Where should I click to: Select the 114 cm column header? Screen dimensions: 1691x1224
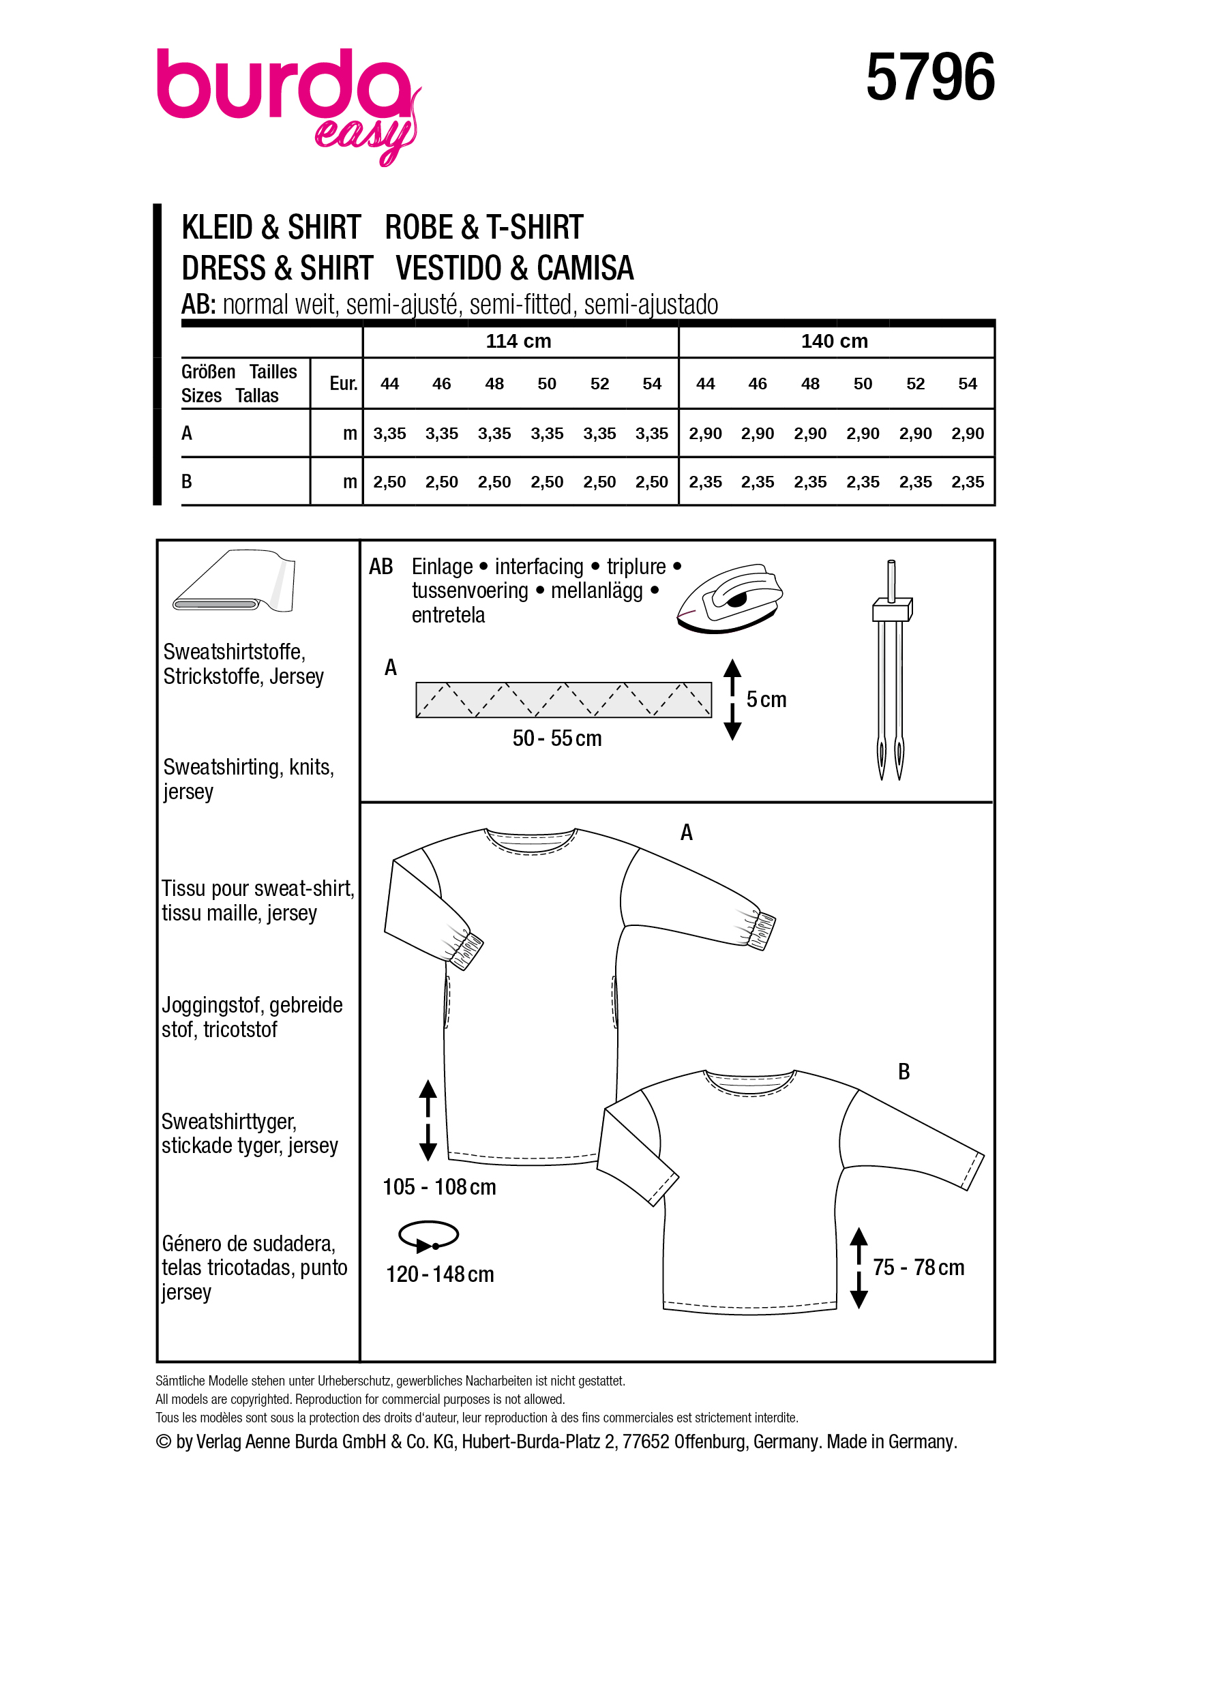(x=518, y=341)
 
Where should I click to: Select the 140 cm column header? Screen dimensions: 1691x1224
(x=834, y=341)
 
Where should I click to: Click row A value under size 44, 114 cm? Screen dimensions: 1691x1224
(x=389, y=433)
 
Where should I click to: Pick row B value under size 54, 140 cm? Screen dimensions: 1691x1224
(x=967, y=481)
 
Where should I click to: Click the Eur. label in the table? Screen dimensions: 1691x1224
(x=343, y=383)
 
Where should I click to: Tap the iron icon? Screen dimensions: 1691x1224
(x=730, y=599)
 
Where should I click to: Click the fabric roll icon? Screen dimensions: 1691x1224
(x=233, y=582)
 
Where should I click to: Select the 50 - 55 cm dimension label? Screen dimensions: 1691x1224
(x=557, y=738)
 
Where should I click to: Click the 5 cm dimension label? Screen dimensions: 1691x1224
(x=766, y=700)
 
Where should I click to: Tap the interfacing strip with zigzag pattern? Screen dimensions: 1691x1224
(x=563, y=700)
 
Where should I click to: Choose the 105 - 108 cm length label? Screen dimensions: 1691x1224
(x=439, y=1186)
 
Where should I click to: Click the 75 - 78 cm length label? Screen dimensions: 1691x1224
(x=919, y=1267)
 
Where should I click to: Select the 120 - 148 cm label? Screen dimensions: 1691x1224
(x=440, y=1274)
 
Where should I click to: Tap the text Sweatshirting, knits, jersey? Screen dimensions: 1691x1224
(x=248, y=779)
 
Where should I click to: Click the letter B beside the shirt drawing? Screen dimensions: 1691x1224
(x=904, y=1071)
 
